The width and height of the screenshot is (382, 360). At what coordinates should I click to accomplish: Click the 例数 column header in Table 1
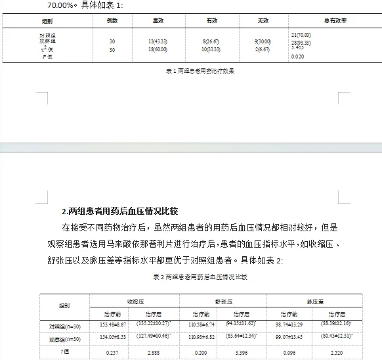pos(112,22)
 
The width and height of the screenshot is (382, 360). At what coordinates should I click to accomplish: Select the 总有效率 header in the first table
pos(335,22)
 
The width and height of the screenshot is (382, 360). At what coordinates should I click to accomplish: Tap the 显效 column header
pos(158,22)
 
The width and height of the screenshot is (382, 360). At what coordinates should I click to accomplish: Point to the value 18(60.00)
pos(158,49)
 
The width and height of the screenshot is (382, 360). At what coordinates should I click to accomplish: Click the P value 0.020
pos(297,57)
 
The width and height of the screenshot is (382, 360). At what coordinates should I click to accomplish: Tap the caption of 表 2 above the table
pos(190,277)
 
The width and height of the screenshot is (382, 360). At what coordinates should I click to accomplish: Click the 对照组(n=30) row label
pos(64,325)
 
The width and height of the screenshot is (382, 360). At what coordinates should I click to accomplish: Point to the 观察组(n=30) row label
pos(64,339)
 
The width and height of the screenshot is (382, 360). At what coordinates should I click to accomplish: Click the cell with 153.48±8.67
pos(109,325)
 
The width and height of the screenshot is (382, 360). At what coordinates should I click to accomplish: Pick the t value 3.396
pos(246,352)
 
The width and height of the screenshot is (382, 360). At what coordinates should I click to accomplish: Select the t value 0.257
pos(109,352)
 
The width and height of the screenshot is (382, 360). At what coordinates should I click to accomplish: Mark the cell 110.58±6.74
pos(200,325)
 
